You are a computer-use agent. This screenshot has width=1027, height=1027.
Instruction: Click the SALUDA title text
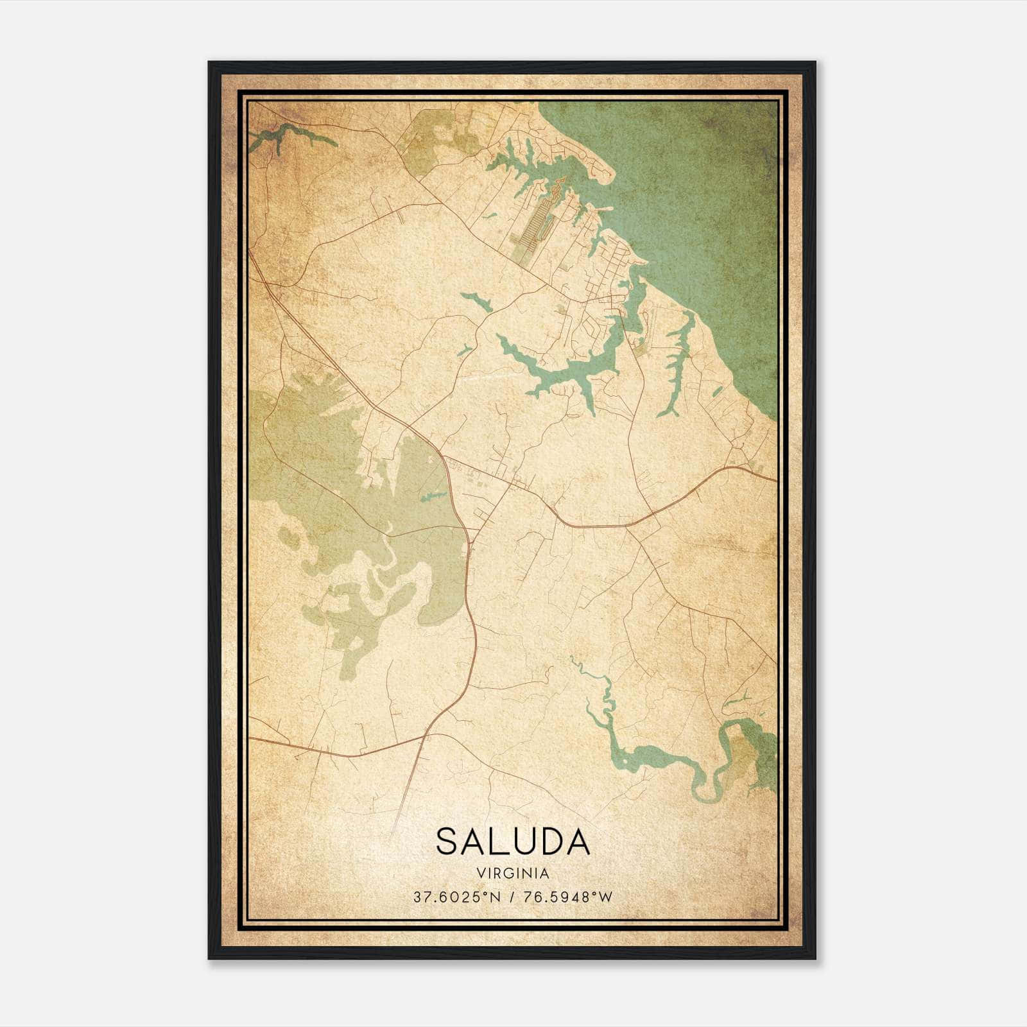(513, 841)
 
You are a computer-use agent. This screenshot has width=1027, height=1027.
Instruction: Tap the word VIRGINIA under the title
(513, 874)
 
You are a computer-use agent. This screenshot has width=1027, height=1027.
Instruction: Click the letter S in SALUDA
(447, 841)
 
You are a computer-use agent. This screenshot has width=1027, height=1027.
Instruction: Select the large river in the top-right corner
(706, 193)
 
